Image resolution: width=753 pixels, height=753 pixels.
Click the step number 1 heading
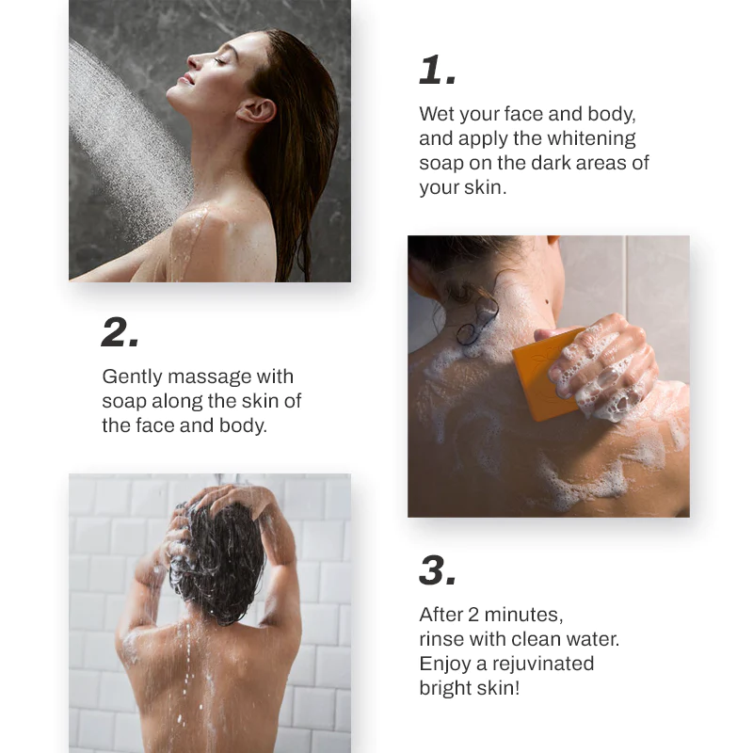[x=438, y=71]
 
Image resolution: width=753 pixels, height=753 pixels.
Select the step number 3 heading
[x=438, y=570]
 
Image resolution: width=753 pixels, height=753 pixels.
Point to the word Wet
[x=437, y=115]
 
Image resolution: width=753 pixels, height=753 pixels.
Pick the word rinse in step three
[x=441, y=639]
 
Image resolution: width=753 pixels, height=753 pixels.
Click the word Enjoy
[x=443, y=664]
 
